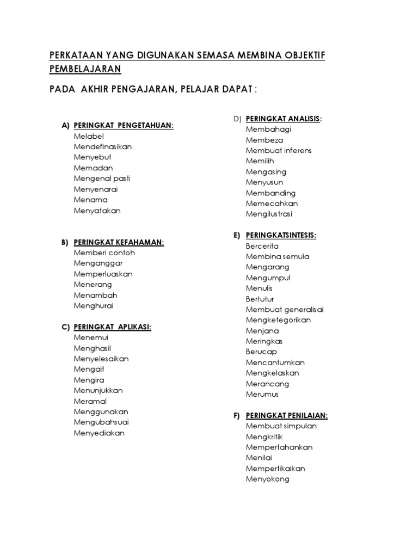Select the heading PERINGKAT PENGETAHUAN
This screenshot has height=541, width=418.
pyautogui.click(x=124, y=126)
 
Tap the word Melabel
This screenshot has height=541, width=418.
pyautogui.click(x=89, y=136)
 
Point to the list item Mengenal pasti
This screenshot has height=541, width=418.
pyautogui.click(x=102, y=179)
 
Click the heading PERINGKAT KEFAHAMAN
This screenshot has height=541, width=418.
pyautogui.click(x=119, y=242)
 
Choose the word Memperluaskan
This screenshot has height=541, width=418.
pyautogui.click(x=103, y=274)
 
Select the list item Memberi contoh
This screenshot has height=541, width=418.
pyautogui.click(x=104, y=253)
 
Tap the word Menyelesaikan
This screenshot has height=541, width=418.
pyautogui.click(x=101, y=359)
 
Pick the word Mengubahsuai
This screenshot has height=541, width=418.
pyautogui.click(x=101, y=422)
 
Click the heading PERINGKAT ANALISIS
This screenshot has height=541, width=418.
pyautogui.click(x=283, y=119)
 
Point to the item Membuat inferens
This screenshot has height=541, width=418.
pyautogui.click(x=279, y=151)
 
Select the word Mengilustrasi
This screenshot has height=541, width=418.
pyautogui.click(x=269, y=214)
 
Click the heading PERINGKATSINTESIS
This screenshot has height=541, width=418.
pyautogui.click(x=281, y=235)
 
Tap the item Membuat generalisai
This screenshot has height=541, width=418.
pyautogui.click(x=285, y=310)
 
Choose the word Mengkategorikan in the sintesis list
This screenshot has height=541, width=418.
pyautogui.click(x=278, y=320)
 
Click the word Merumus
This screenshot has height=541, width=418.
pyautogui.click(x=262, y=395)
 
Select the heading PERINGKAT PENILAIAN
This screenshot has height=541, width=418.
pyautogui.click(x=287, y=416)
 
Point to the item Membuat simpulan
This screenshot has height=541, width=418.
pyautogui.click(x=281, y=426)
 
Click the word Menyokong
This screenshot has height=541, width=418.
pyautogui.click(x=267, y=479)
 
